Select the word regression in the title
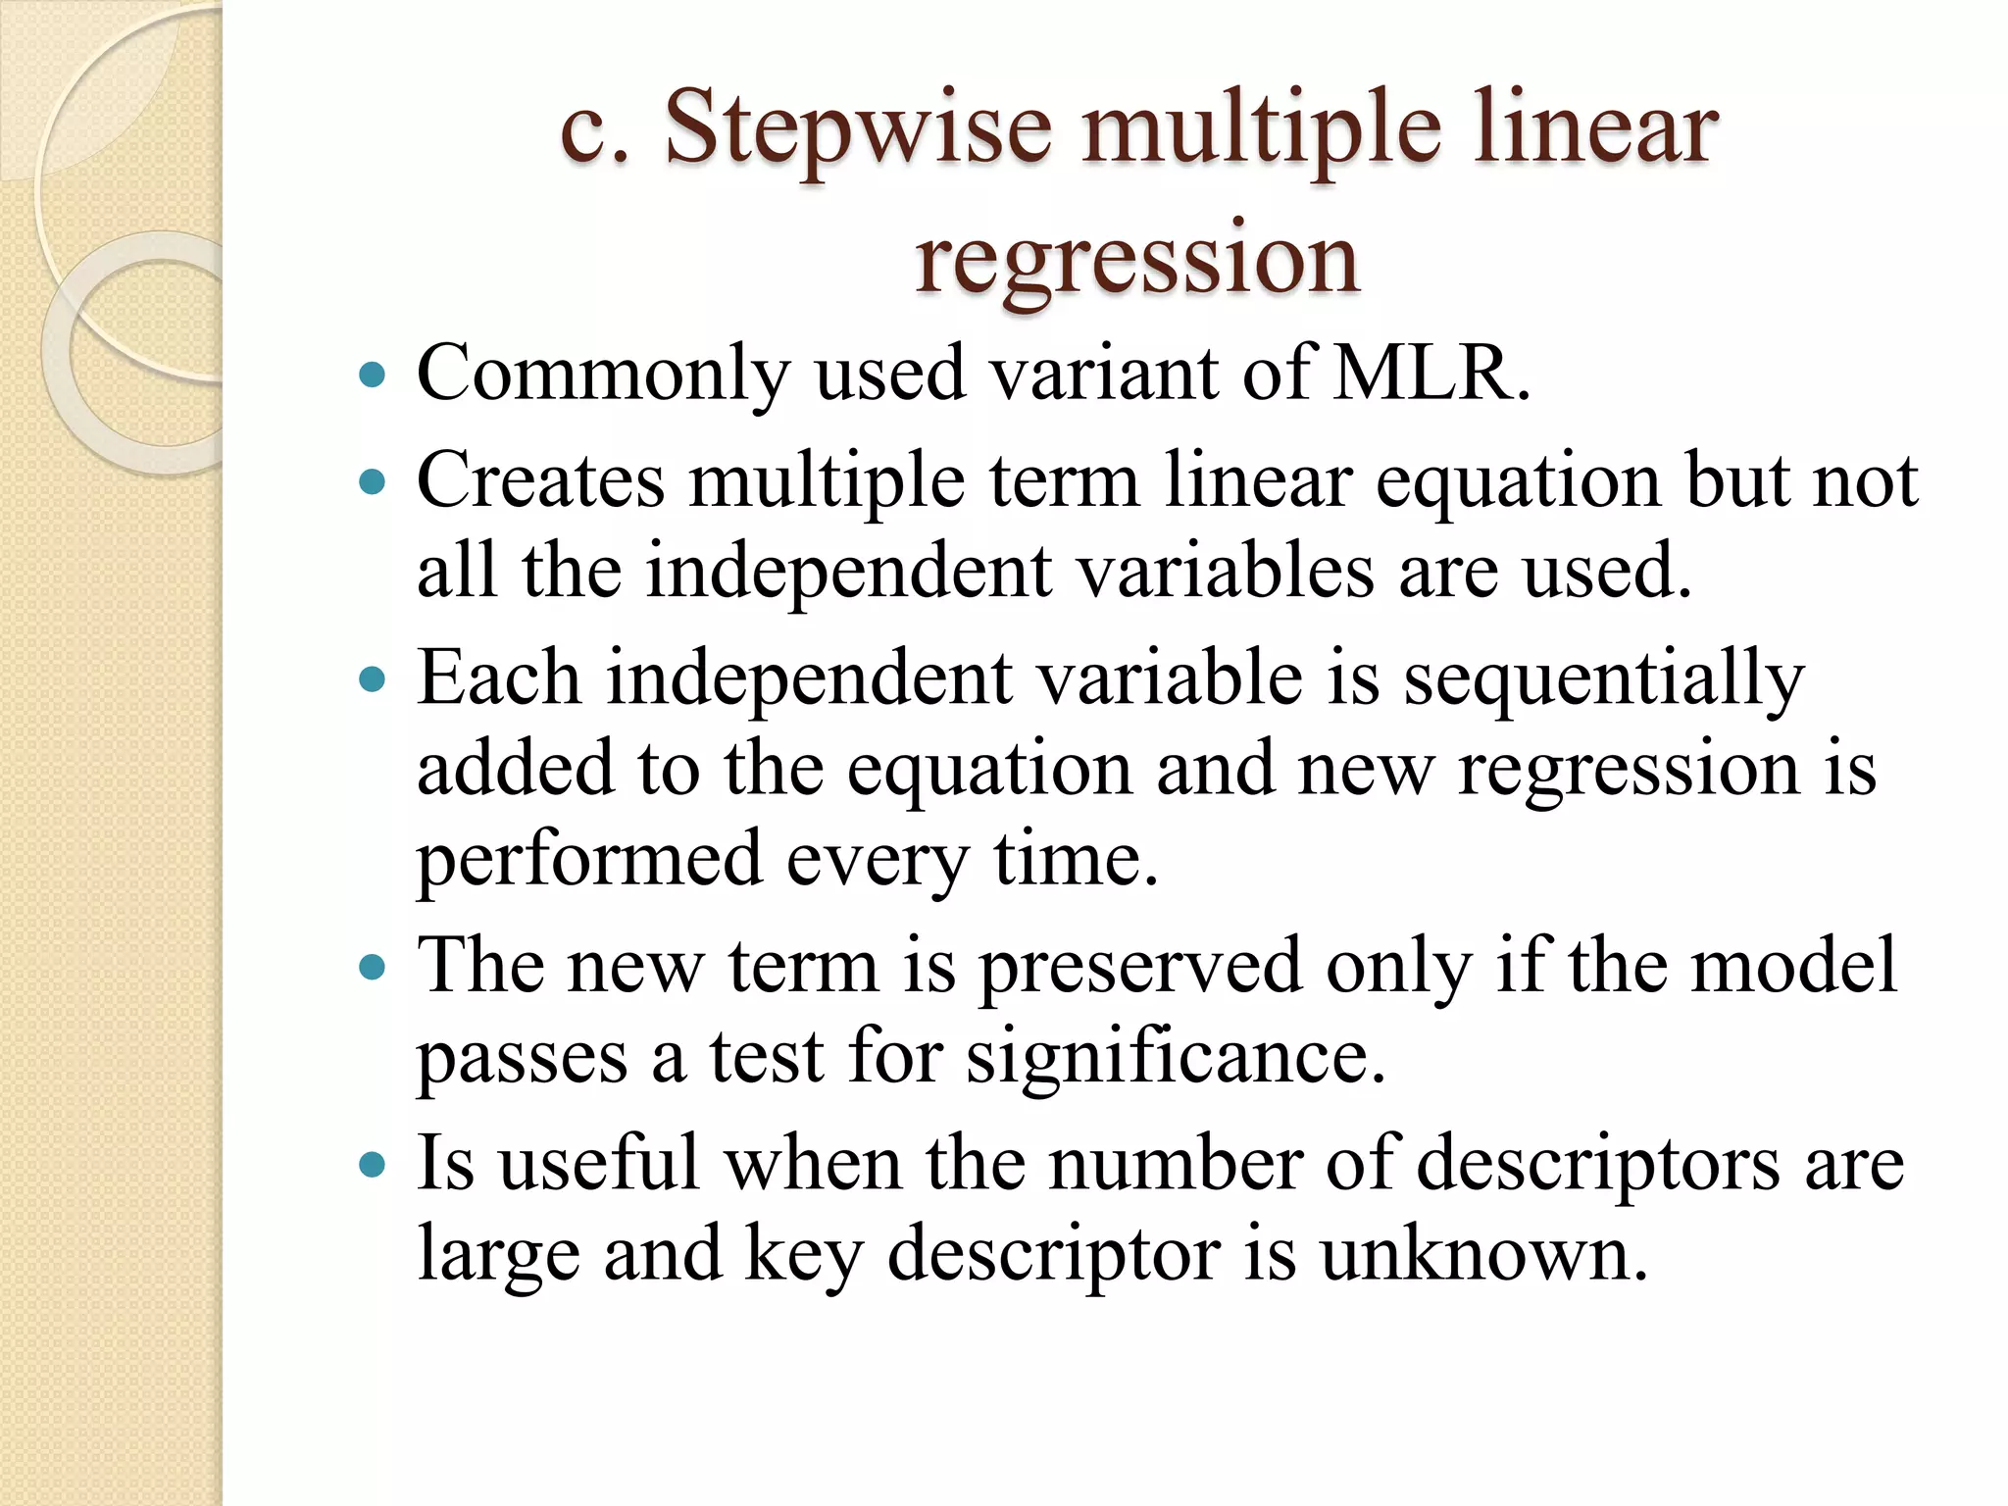[1137, 259]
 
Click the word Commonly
[603, 376]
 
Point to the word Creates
[540, 480]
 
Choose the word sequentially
[1603, 679]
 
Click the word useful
[599, 1164]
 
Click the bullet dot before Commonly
[373, 375]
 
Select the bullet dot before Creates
[373, 481]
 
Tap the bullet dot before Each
[373, 678]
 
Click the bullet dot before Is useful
[373, 1165]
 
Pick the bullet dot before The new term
[373, 969]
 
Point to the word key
[803, 1256]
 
